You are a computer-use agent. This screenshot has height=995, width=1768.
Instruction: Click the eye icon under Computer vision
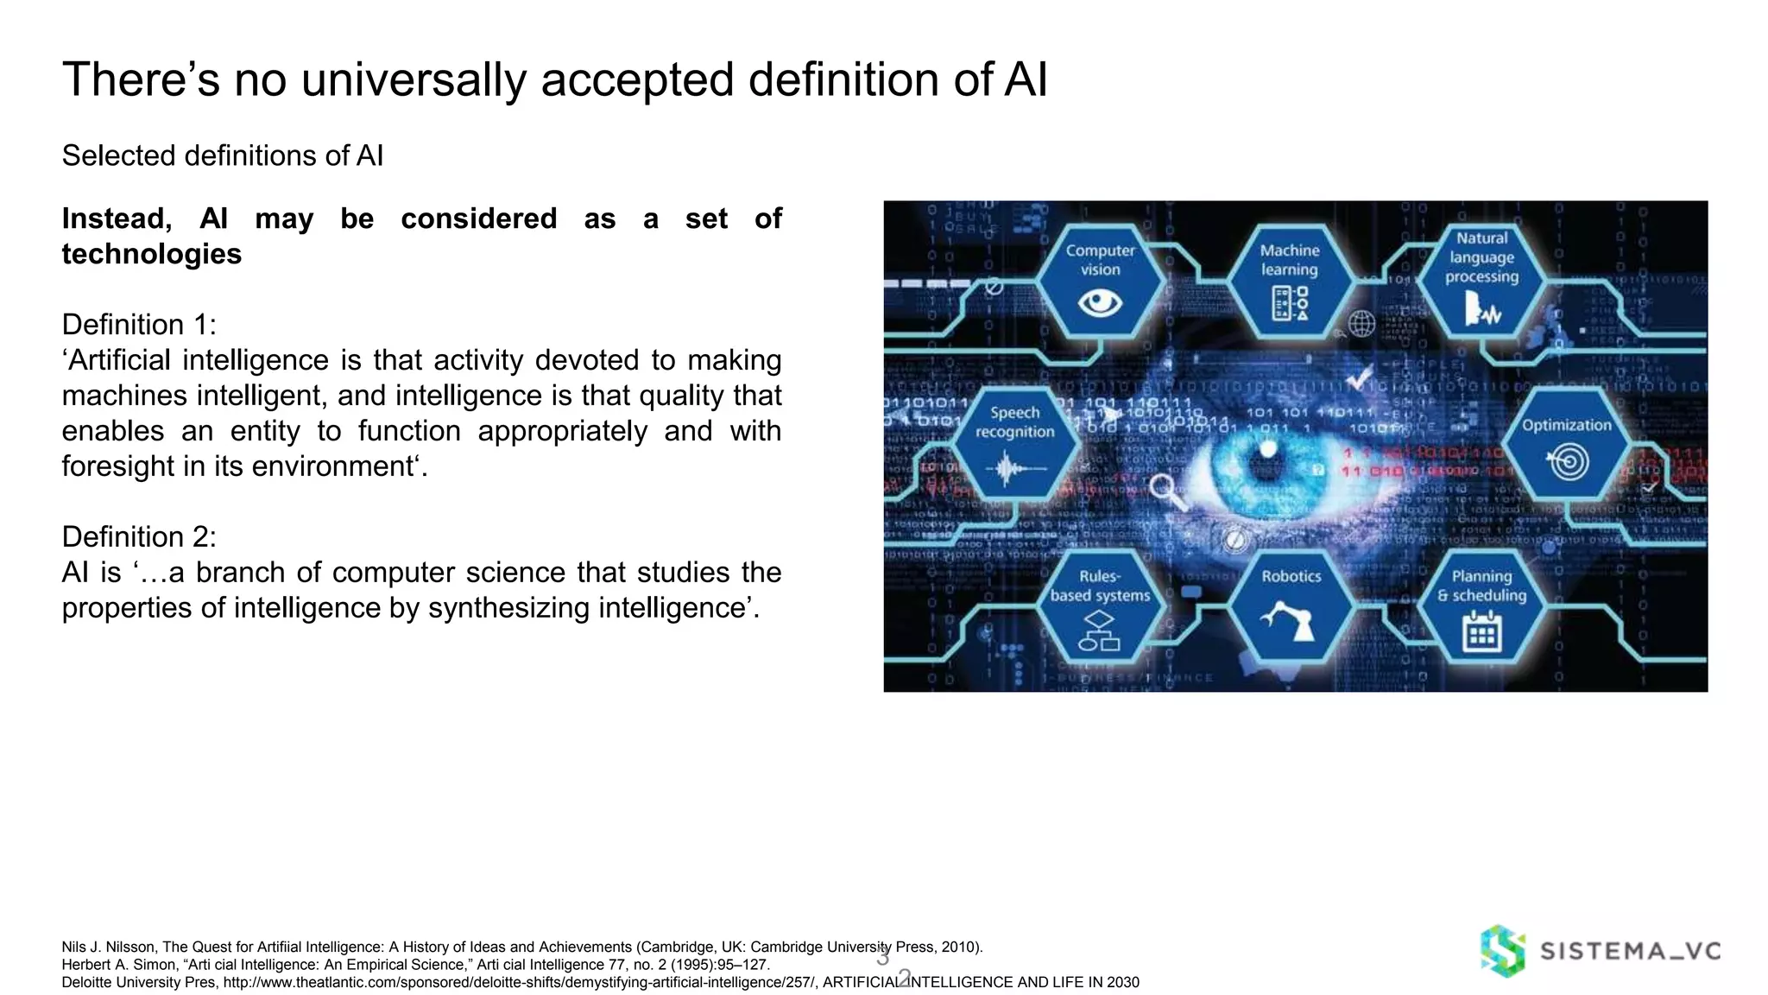pyautogui.click(x=1100, y=303)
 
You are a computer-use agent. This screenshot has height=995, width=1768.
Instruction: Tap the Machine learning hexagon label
pyautogui.click(x=1290, y=260)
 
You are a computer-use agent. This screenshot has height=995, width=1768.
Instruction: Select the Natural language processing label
pyautogui.click(x=1481, y=257)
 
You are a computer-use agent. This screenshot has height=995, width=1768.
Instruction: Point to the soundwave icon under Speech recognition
pyautogui.click(x=1015, y=470)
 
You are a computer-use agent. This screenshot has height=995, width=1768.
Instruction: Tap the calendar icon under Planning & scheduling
pyautogui.click(x=1481, y=632)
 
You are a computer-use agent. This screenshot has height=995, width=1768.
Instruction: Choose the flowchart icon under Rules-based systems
pyautogui.click(x=1100, y=632)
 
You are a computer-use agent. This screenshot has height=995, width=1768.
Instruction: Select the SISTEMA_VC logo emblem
pyautogui.click(x=1503, y=951)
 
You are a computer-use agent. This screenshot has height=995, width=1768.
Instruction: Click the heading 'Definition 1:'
pyautogui.click(x=139, y=325)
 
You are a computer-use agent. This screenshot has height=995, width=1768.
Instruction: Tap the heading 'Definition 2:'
pyautogui.click(x=139, y=537)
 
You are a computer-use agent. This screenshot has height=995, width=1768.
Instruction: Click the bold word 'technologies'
pyautogui.click(x=152, y=254)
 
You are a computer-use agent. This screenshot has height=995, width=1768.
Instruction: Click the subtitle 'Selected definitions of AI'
pyautogui.click(x=223, y=155)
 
